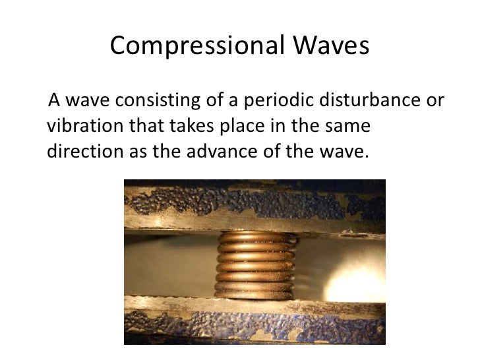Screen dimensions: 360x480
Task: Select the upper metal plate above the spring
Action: point(255,205)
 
